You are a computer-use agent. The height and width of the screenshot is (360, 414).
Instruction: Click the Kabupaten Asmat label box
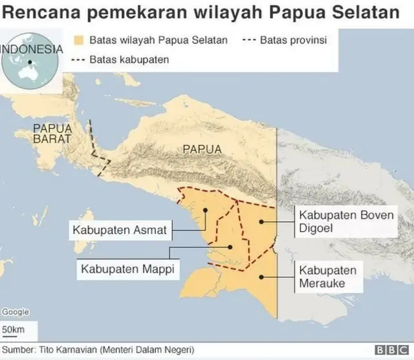coord(120,230)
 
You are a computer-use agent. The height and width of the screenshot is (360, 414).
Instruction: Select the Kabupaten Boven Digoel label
coord(345,221)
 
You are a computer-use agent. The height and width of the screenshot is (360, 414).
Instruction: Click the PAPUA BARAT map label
coord(52,133)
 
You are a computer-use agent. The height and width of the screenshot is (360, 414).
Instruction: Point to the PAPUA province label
coord(202,149)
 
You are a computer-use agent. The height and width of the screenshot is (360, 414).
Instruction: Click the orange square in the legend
coord(80,40)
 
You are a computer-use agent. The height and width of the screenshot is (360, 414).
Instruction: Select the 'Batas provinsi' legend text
coord(293,40)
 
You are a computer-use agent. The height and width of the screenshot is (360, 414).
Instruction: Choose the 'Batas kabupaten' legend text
coord(129,60)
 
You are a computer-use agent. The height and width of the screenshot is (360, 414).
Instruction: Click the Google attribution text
coord(15,312)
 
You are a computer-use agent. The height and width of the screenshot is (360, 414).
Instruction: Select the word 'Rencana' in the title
coord(38,12)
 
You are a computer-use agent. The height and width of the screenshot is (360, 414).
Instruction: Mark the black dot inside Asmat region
coord(205,210)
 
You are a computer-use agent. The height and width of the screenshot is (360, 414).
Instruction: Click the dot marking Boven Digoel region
coord(261,221)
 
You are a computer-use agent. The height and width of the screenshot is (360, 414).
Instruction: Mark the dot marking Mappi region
coord(229,247)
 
